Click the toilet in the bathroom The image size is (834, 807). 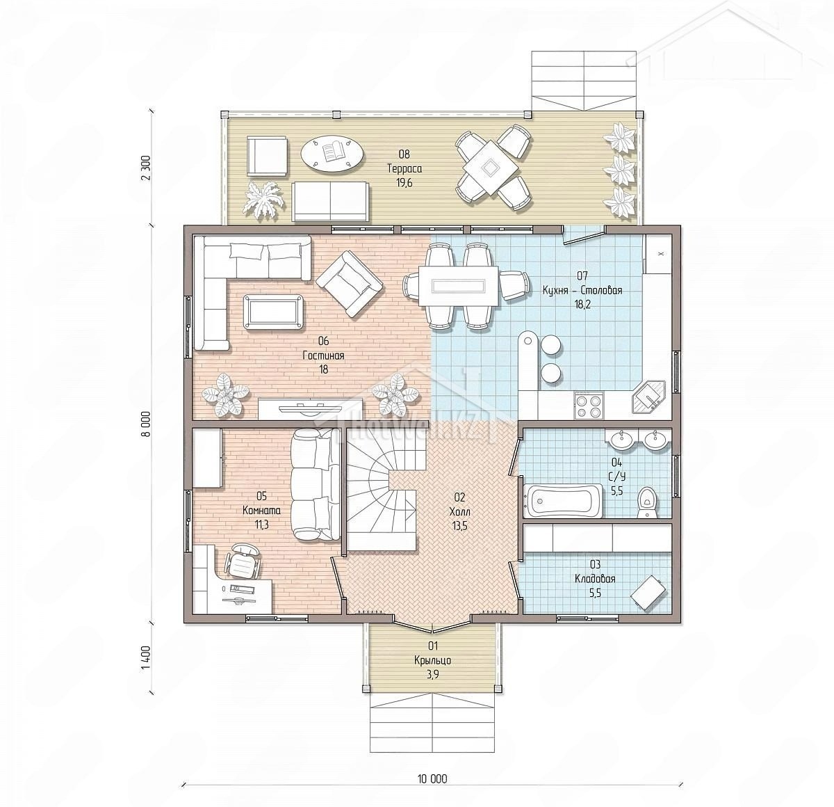tap(646, 502)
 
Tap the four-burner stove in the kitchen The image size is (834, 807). tap(589, 406)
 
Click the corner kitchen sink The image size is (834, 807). tap(649, 397)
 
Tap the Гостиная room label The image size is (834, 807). tap(324, 355)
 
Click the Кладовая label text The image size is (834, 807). tap(596, 579)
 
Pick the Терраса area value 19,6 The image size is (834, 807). tap(404, 183)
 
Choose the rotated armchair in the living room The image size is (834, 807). tap(350, 284)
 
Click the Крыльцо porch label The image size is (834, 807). tap(433, 660)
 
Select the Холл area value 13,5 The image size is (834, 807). tap(459, 526)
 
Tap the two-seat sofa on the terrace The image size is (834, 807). tap(330, 201)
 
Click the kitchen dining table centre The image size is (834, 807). tap(459, 286)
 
